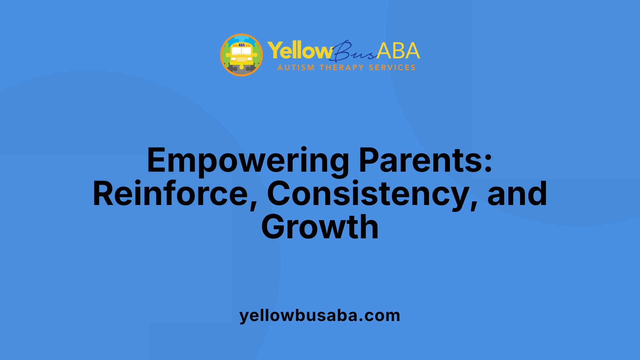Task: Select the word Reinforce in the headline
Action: tap(170, 194)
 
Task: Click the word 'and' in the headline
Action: tap(517, 194)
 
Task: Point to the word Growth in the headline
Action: tap(320, 227)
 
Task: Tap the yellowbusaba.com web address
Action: tap(320, 316)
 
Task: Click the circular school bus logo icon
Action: tap(242, 55)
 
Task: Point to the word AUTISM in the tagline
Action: tap(296, 68)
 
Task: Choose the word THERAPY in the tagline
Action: tap(342, 68)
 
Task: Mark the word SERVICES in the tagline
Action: tap(392, 68)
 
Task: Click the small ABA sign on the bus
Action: tap(242, 45)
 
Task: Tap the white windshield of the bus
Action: tap(241, 51)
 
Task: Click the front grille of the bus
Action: tap(242, 59)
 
